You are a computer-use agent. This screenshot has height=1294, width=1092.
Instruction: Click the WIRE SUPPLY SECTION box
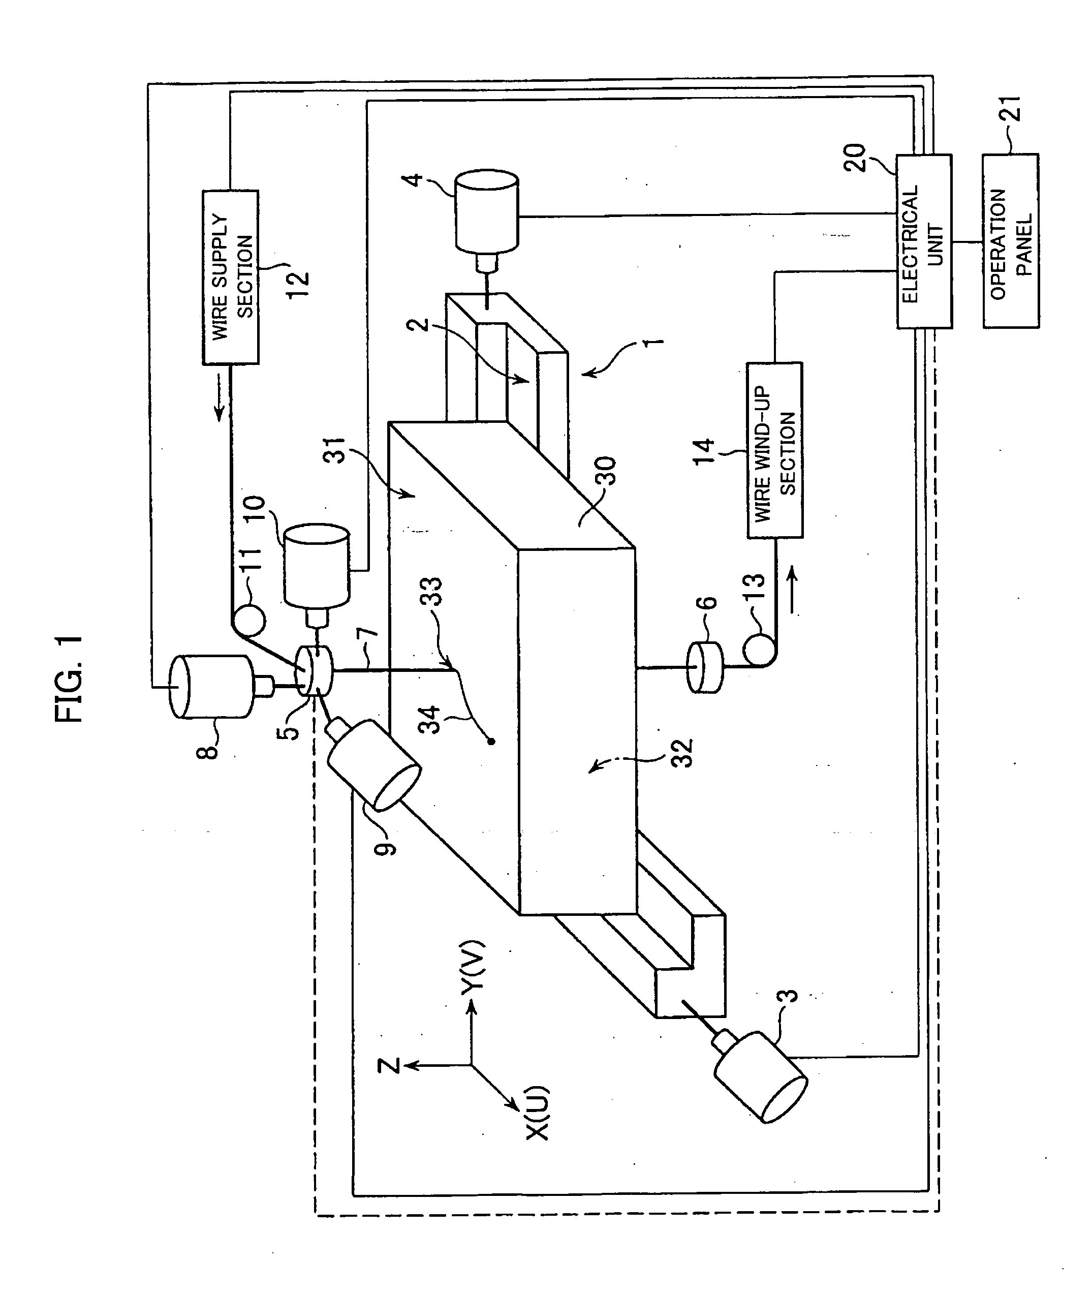[x=230, y=277]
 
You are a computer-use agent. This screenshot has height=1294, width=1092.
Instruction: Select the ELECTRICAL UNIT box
[x=924, y=241]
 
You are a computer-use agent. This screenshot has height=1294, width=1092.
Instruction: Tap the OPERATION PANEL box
[x=1010, y=241]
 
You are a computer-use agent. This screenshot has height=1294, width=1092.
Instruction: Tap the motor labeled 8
[x=211, y=687]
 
